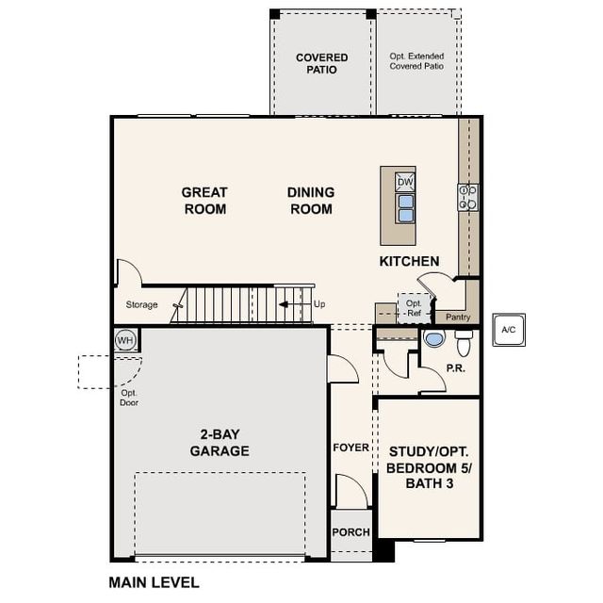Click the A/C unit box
(509, 330)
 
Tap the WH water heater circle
(124, 339)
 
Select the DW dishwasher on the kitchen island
(404, 182)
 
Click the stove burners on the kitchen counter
(468, 196)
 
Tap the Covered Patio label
(321, 63)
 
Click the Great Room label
(204, 201)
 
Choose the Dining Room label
(310, 201)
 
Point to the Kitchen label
(409, 261)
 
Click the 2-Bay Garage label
(223, 443)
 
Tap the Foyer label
(351, 448)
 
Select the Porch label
(351, 532)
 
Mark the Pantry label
(458, 318)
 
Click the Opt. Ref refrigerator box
(414, 308)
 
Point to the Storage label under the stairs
(142, 304)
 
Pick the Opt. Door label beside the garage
(129, 398)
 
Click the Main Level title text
(154, 582)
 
